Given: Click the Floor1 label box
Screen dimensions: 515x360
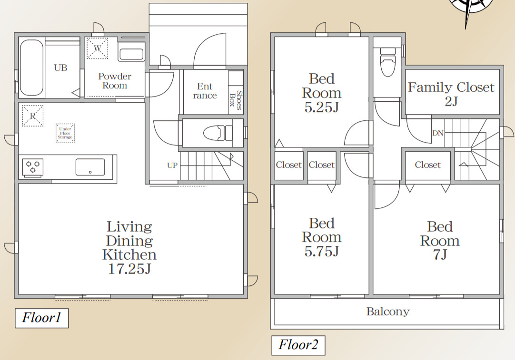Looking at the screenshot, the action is pyautogui.click(x=42, y=318).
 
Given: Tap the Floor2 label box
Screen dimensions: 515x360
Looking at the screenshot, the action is pyautogui.click(x=298, y=345).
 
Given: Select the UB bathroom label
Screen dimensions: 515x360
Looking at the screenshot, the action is pyautogui.click(x=60, y=68).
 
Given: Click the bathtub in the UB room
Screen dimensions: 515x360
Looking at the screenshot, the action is pyautogui.click(x=31, y=68).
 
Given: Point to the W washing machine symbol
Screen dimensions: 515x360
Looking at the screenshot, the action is pyautogui.click(x=97, y=48).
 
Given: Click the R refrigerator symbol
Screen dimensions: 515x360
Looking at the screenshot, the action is pyautogui.click(x=32, y=116).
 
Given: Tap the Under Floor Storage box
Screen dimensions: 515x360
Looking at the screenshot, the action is pyautogui.click(x=65, y=133).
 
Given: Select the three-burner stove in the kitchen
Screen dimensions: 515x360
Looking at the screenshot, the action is pyautogui.click(x=33, y=167).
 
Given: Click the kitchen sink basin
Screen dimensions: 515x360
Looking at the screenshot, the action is pyautogui.click(x=90, y=167).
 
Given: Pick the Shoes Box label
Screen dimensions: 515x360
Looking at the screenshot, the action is pyautogui.click(x=236, y=100).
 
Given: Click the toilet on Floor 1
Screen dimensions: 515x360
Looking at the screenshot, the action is pyautogui.click(x=218, y=133).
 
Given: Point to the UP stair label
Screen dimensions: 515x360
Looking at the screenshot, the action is pyautogui.click(x=172, y=165).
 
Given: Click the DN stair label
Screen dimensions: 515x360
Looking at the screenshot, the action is pyautogui.click(x=438, y=133).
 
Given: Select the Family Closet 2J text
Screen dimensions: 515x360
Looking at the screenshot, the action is pyautogui.click(x=451, y=94).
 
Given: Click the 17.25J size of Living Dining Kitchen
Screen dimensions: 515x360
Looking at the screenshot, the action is pyautogui.click(x=129, y=269).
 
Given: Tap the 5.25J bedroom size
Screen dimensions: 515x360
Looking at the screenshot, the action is pyautogui.click(x=322, y=107).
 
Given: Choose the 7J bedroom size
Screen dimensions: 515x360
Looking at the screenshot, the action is pyautogui.click(x=440, y=254).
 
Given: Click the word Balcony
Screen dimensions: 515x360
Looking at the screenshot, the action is pyautogui.click(x=388, y=311).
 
